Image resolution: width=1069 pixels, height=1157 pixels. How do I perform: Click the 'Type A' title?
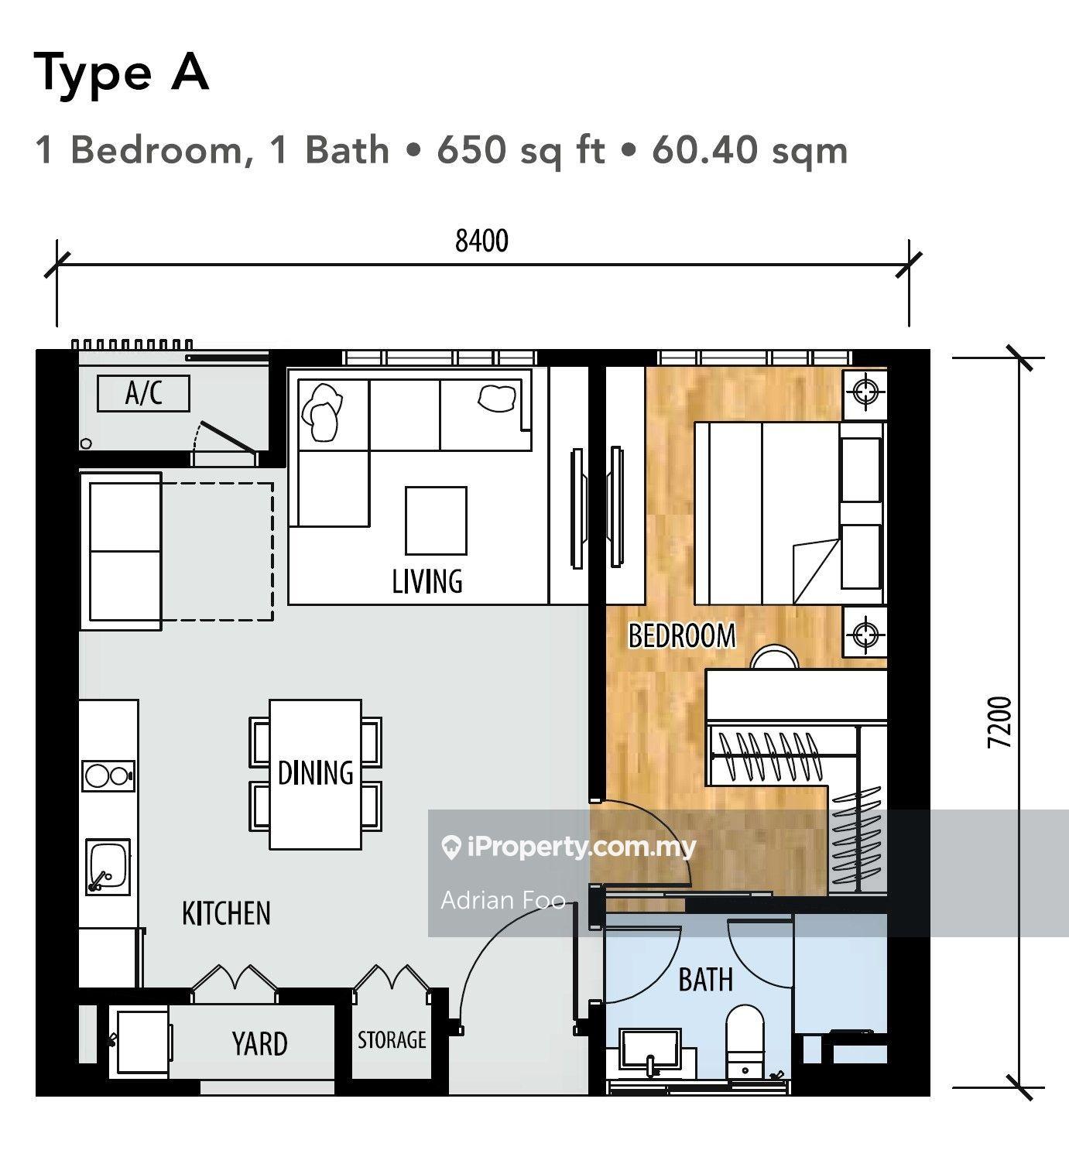(x=122, y=74)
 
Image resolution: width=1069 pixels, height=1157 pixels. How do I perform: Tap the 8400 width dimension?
(x=481, y=241)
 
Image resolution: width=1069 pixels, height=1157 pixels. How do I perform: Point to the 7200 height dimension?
(x=999, y=721)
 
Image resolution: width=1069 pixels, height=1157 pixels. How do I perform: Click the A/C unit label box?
(x=143, y=393)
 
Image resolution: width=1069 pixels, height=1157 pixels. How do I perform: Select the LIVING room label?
(x=427, y=580)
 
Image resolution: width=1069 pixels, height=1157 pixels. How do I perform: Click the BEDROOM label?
(x=681, y=635)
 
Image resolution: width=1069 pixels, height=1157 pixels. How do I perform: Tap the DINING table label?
(x=315, y=772)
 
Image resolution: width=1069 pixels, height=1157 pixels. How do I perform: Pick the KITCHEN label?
(x=226, y=913)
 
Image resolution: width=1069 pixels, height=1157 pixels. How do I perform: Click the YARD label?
(x=259, y=1043)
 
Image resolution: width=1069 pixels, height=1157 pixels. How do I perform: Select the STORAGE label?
(x=392, y=1039)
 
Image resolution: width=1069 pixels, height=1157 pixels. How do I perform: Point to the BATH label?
(x=705, y=980)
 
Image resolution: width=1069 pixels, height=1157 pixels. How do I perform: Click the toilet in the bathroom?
(x=745, y=1042)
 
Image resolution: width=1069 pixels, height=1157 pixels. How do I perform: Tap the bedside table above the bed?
(x=865, y=393)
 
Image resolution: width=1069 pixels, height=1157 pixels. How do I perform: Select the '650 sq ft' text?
(x=520, y=149)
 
